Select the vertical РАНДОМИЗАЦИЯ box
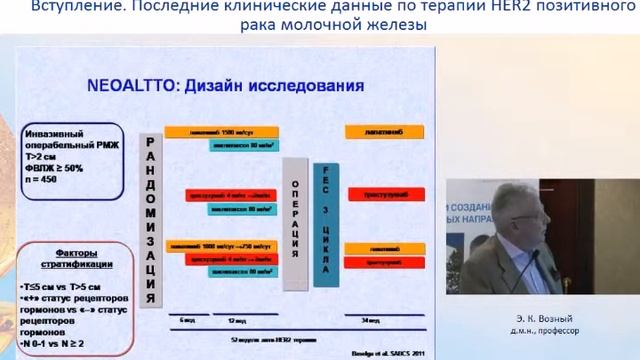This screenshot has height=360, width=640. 150,216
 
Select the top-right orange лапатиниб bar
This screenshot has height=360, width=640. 375,131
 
